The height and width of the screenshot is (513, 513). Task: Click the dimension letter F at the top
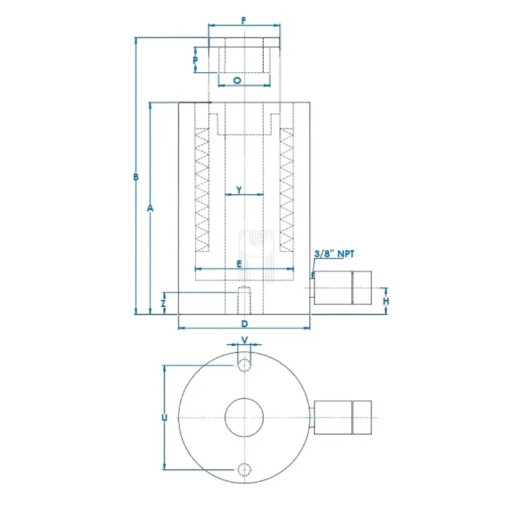(x=244, y=20)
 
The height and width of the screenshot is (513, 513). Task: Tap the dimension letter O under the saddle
(x=237, y=81)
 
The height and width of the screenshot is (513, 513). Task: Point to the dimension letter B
(x=135, y=177)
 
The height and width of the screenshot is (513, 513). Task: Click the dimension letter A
(x=150, y=208)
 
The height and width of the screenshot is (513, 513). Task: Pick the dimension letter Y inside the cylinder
(x=239, y=190)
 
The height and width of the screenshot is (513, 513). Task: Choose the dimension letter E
(x=239, y=264)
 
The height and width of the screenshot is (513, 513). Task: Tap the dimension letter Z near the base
(x=164, y=303)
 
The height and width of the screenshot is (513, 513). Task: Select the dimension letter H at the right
(x=386, y=301)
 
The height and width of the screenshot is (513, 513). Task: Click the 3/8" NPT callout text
(x=334, y=254)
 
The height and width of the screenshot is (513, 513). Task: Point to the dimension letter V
(x=244, y=340)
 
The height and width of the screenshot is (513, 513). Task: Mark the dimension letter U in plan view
(x=164, y=417)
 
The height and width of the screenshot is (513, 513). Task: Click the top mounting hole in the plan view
(x=244, y=366)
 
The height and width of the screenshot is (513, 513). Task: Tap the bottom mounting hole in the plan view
(x=244, y=469)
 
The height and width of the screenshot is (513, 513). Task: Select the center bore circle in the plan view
(x=244, y=417)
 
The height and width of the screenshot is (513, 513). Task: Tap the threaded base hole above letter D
(x=244, y=299)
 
